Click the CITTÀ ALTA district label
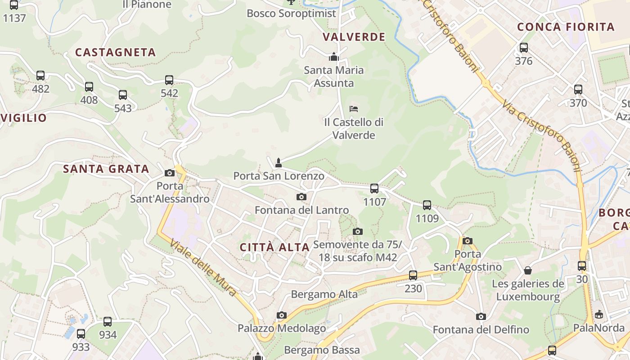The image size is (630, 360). point(274,247)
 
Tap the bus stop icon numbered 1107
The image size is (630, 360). point(374,189)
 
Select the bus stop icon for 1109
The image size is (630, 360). point(427,205)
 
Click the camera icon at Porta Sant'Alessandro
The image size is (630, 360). point(170,173)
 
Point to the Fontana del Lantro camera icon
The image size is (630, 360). point(301,197)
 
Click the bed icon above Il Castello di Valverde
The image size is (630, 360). point(354,108)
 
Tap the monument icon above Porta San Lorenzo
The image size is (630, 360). point(279,162)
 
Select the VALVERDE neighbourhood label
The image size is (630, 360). point(354,37)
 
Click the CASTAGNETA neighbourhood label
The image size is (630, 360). point(115,52)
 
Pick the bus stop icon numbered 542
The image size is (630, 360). point(169,80)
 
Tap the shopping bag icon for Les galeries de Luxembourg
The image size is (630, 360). point(528,270)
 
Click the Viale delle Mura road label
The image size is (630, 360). point(203,267)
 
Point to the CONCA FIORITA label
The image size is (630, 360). point(566,27)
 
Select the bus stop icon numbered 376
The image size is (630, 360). point(524,48)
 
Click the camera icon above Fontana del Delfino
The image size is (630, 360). point(481,316)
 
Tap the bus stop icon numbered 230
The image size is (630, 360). point(413,275)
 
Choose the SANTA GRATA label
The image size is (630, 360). point(106,169)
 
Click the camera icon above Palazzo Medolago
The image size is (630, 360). point(282,315)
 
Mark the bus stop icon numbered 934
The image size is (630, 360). point(108,322)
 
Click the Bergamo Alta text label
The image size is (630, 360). point(324,294)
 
